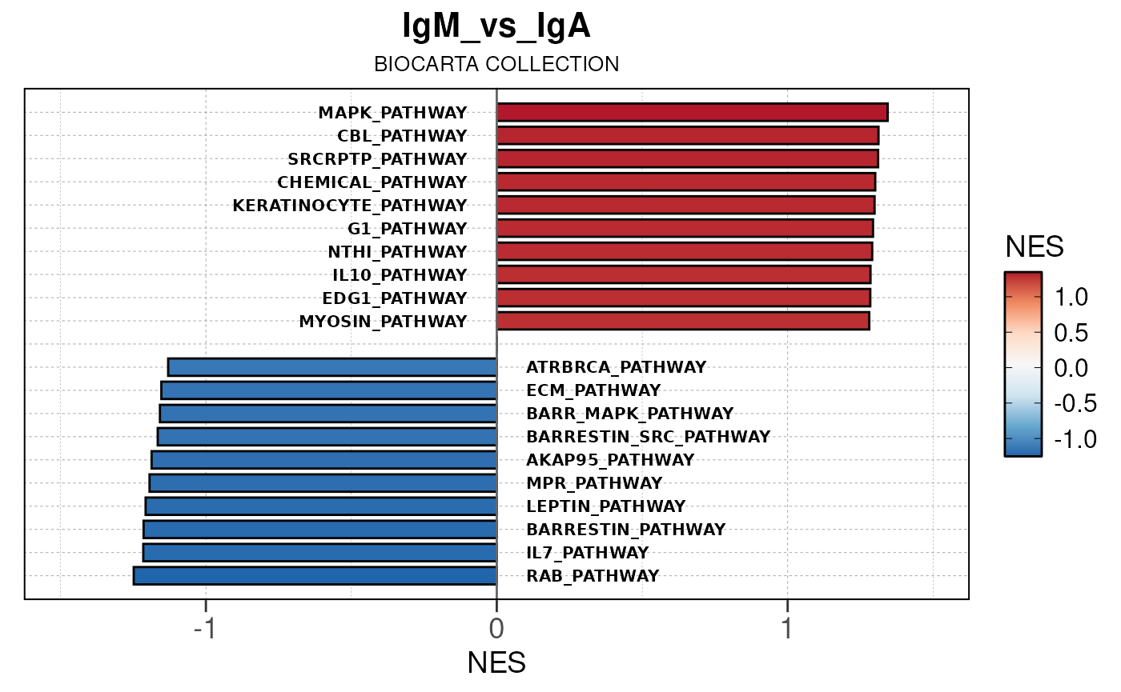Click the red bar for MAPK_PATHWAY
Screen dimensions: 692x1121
pos(692,113)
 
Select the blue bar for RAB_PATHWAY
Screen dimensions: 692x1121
pos(315,576)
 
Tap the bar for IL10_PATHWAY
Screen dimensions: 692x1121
pos(683,275)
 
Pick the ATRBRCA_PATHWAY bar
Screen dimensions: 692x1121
pos(332,367)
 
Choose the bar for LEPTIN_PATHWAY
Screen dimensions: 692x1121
pos(321,506)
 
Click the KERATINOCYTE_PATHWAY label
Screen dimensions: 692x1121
pos(349,206)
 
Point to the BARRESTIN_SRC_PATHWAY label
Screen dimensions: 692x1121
pos(648,437)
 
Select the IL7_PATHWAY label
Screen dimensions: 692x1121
pos(587,553)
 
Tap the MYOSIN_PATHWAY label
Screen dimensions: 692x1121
pos(383,322)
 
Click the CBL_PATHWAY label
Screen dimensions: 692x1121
pos(402,136)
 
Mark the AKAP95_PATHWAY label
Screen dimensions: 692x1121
pos(610,460)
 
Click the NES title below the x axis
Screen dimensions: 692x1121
pos(496,663)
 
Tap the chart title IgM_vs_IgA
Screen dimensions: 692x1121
pos(496,27)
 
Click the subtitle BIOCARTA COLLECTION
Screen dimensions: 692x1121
pos(496,64)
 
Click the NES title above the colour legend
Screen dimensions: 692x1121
pos(1035,248)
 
